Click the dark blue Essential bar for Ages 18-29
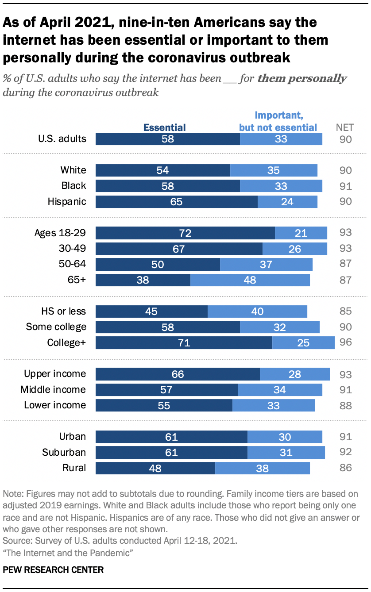(185, 233)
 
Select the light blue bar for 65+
(250, 280)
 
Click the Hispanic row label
(67, 202)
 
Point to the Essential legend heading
(164, 127)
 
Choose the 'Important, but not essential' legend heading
(278, 122)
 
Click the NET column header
(344, 127)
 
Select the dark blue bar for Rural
(155, 468)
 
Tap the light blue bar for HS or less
(257, 311)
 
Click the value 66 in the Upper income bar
(178, 374)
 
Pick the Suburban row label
(64, 452)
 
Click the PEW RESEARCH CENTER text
(53, 570)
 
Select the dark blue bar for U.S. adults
(167, 139)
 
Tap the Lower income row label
(55, 405)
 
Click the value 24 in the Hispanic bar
(287, 202)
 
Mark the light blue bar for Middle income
(280, 390)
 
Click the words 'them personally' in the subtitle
(302, 79)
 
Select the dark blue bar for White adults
(162, 170)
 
